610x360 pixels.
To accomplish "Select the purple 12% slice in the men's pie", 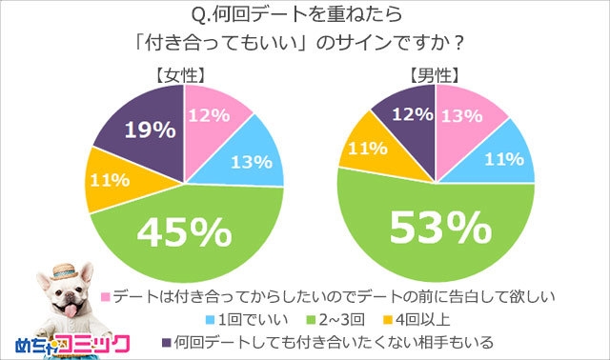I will pos(408,113).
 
